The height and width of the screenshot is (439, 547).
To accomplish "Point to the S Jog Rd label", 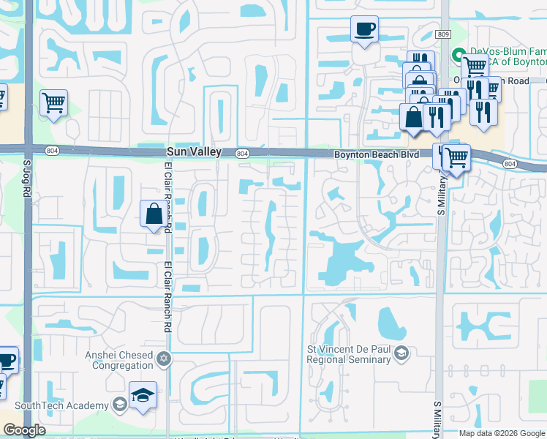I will click(x=26, y=179).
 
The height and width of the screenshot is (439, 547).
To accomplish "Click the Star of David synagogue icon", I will click(x=164, y=359).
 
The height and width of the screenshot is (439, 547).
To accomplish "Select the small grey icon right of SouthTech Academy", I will click(x=119, y=405).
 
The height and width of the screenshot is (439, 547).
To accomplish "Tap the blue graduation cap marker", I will click(x=143, y=394).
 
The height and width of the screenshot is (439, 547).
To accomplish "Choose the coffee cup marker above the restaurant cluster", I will click(x=364, y=29).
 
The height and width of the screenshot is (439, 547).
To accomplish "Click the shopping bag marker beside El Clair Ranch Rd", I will click(x=154, y=214).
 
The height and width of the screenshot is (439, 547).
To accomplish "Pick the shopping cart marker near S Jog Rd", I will click(x=53, y=102).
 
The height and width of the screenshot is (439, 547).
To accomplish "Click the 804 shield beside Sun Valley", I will click(x=241, y=153).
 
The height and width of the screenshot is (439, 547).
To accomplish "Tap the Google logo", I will click(x=25, y=431).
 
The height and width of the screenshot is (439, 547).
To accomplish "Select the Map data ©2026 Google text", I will click(x=502, y=433).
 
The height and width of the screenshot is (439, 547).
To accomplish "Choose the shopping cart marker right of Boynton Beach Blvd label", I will click(x=456, y=155).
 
